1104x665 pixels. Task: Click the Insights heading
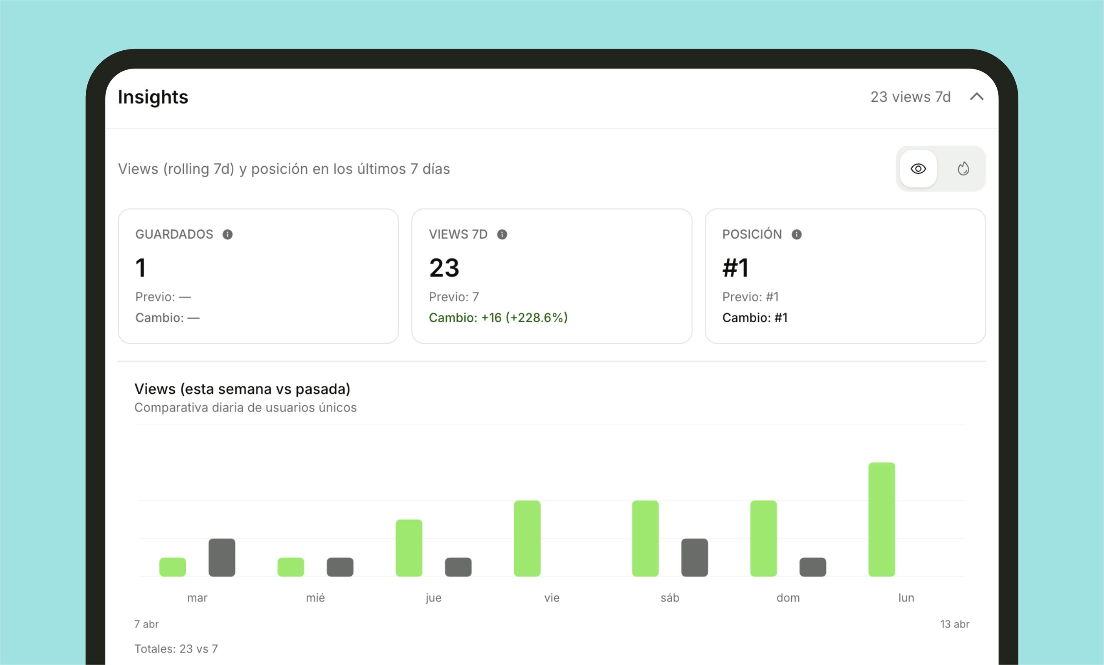pyautogui.click(x=153, y=97)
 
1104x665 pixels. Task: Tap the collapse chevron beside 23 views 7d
pyautogui.click(x=977, y=97)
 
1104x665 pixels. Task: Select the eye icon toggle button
pyautogui.click(x=918, y=169)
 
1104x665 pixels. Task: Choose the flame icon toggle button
pyautogui.click(x=963, y=169)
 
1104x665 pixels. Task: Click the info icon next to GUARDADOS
pyautogui.click(x=228, y=234)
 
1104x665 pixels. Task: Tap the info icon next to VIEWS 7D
pyautogui.click(x=502, y=234)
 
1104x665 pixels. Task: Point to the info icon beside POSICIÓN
pyautogui.click(x=797, y=234)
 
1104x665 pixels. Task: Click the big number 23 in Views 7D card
pyautogui.click(x=444, y=268)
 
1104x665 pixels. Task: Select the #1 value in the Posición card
pyautogui.click(x=735, y=268)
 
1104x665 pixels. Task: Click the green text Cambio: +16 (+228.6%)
pyautogui.click(x=498, y=318)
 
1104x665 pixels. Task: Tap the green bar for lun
pyautogui.click(x=882, y=520)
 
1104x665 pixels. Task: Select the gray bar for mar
pyautogui.click(x=222, y=557)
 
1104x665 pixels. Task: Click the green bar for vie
pyautogui.click(x=527, y=538)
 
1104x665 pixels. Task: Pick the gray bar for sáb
pyautogui.click(x=695, y=557)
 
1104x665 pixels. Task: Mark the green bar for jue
pyautogui.click(x=409, y=548)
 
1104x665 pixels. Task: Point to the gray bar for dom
pyautogui.click(x=813, y=567)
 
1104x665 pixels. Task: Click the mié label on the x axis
pyautogui.click(x=315, y=598)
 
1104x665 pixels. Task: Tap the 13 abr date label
pyautogui.click(x=955, y=624)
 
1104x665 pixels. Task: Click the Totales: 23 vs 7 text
pyautogui.click(x=176, y=649)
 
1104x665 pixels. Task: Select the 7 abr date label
pyautogui.click(x=146, y=624)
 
